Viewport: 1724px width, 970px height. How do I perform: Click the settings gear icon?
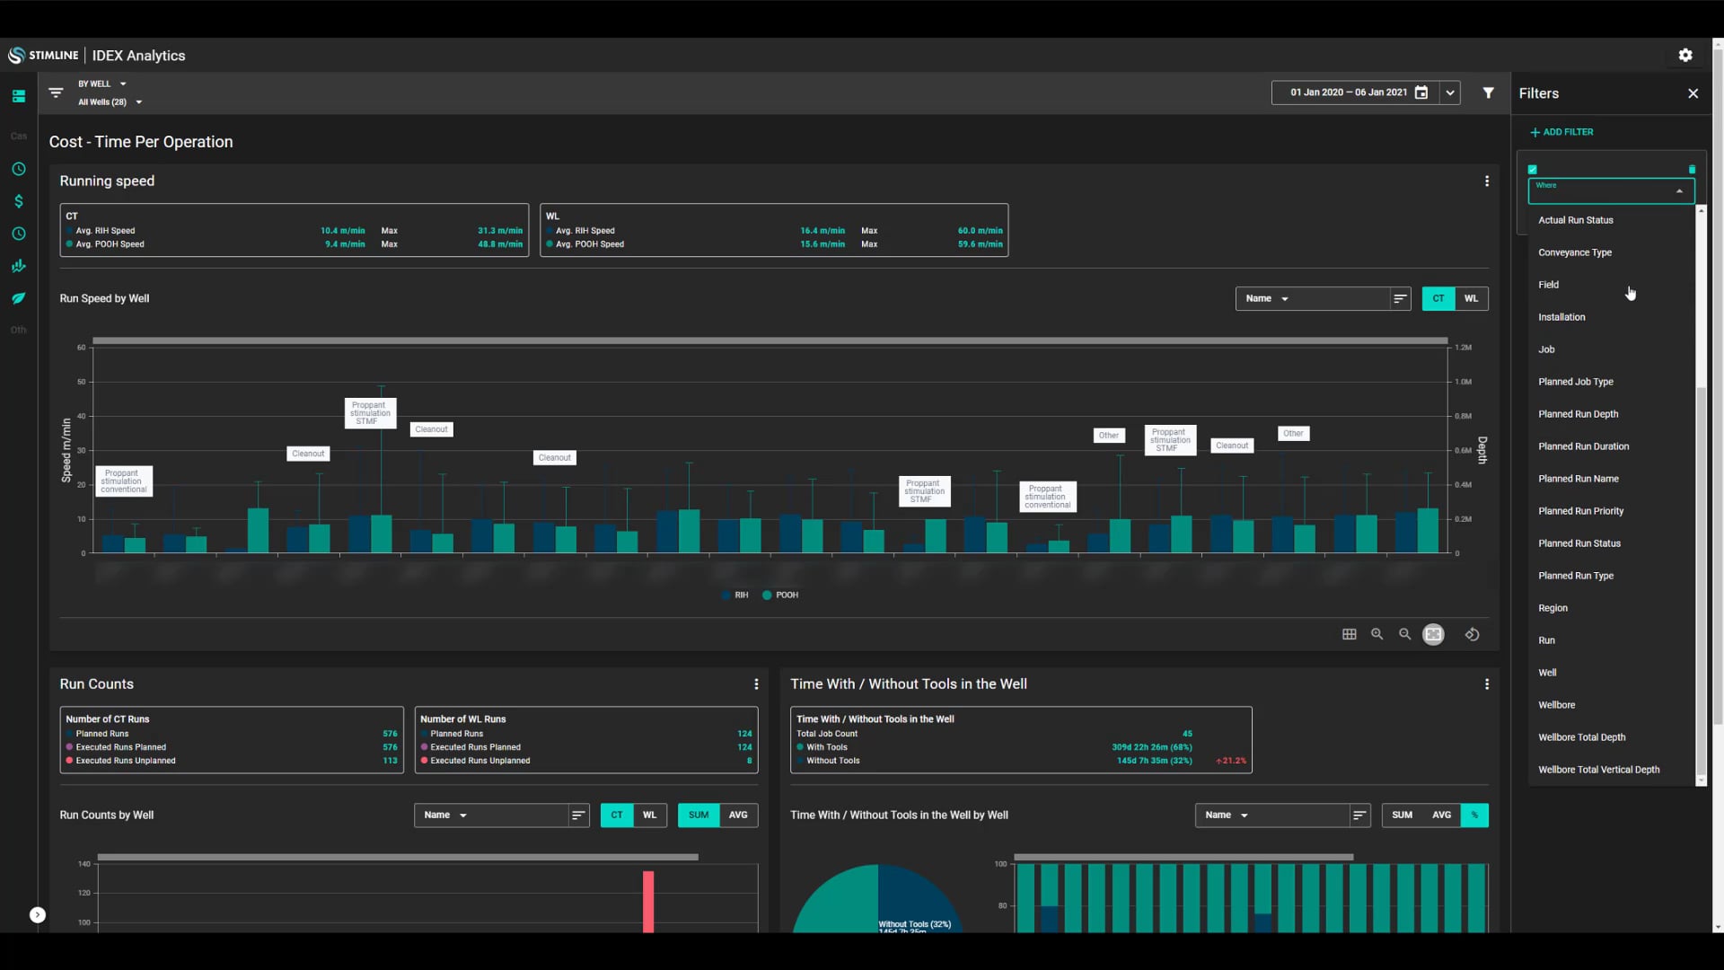[x=1685, y=56]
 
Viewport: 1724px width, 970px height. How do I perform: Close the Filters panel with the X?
[x=1693, y=93]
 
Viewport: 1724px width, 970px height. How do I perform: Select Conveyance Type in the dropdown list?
[x=1575, y=252]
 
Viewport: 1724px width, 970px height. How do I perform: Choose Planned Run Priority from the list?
[x=1580, y=511]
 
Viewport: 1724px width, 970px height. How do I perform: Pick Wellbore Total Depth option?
[x=1581, y=737]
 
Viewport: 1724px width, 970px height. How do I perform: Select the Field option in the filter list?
[x=1549, y=285]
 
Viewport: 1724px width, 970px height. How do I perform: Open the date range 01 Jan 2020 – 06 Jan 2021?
[x=1348, y=93]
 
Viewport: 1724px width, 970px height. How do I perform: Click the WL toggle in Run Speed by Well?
[x=1471, y=298]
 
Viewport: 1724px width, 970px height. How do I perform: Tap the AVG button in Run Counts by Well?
[x=738, y=816]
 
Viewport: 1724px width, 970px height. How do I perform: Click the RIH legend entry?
[x=735, y=595]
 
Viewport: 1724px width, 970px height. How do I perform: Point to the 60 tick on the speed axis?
[x=82, y=348]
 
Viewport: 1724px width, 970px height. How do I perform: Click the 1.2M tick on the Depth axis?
[x=1464, y=348]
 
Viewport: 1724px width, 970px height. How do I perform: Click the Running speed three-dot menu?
[x=1487, y=181]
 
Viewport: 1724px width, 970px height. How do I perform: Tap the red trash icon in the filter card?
[x=1692, y=170]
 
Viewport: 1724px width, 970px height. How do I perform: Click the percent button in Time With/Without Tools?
[x=1474, y=816]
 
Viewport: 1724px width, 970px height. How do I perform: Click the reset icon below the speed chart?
[x=1473, y=635]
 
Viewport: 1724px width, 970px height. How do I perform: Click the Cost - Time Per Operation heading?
[x=141, y=142]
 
